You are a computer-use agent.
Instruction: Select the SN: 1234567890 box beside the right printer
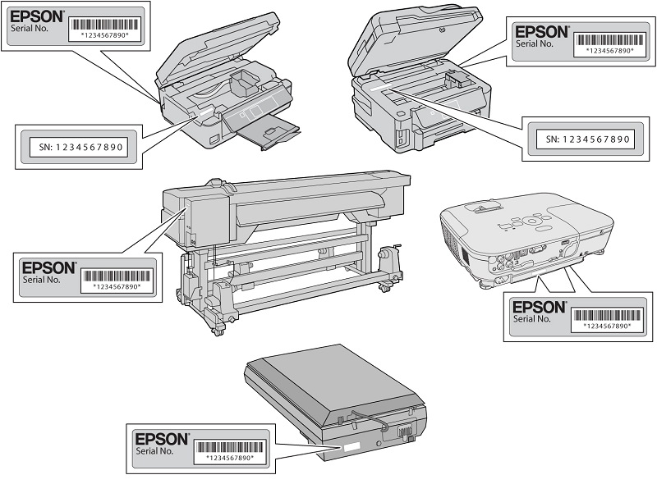(x=589, y=139)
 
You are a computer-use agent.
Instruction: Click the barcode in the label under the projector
(x=606, y=313)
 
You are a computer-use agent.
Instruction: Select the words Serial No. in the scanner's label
(x=154, y=451)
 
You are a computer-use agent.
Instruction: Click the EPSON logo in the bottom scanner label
(x=162, y=439)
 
